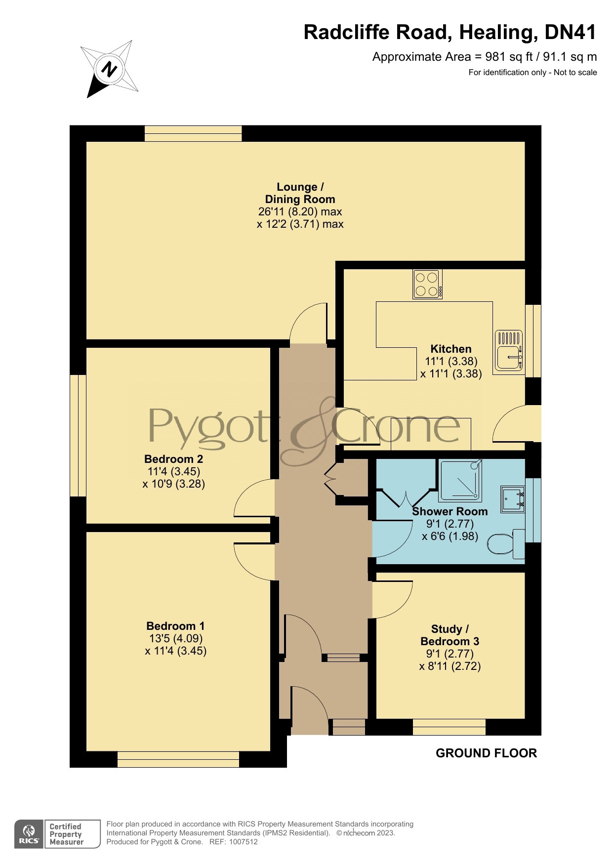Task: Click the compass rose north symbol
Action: pos(109,69)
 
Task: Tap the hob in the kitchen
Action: pos(428,284)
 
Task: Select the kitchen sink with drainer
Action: pos(509,351)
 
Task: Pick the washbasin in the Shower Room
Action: pos(513,499)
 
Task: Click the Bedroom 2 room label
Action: pos(173,459)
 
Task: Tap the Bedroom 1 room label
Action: pos(175,626)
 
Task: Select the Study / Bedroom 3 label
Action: pos(450,635)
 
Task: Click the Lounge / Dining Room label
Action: pos(300,193)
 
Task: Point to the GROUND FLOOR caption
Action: pos(486,753)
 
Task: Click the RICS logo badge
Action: pos(57,834)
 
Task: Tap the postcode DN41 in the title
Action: pos(571,32)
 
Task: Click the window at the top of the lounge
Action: pos(193,133)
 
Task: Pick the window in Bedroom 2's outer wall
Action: pos(78,435)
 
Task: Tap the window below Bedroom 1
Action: pos(178,759)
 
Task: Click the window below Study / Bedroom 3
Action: pos(449,727)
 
